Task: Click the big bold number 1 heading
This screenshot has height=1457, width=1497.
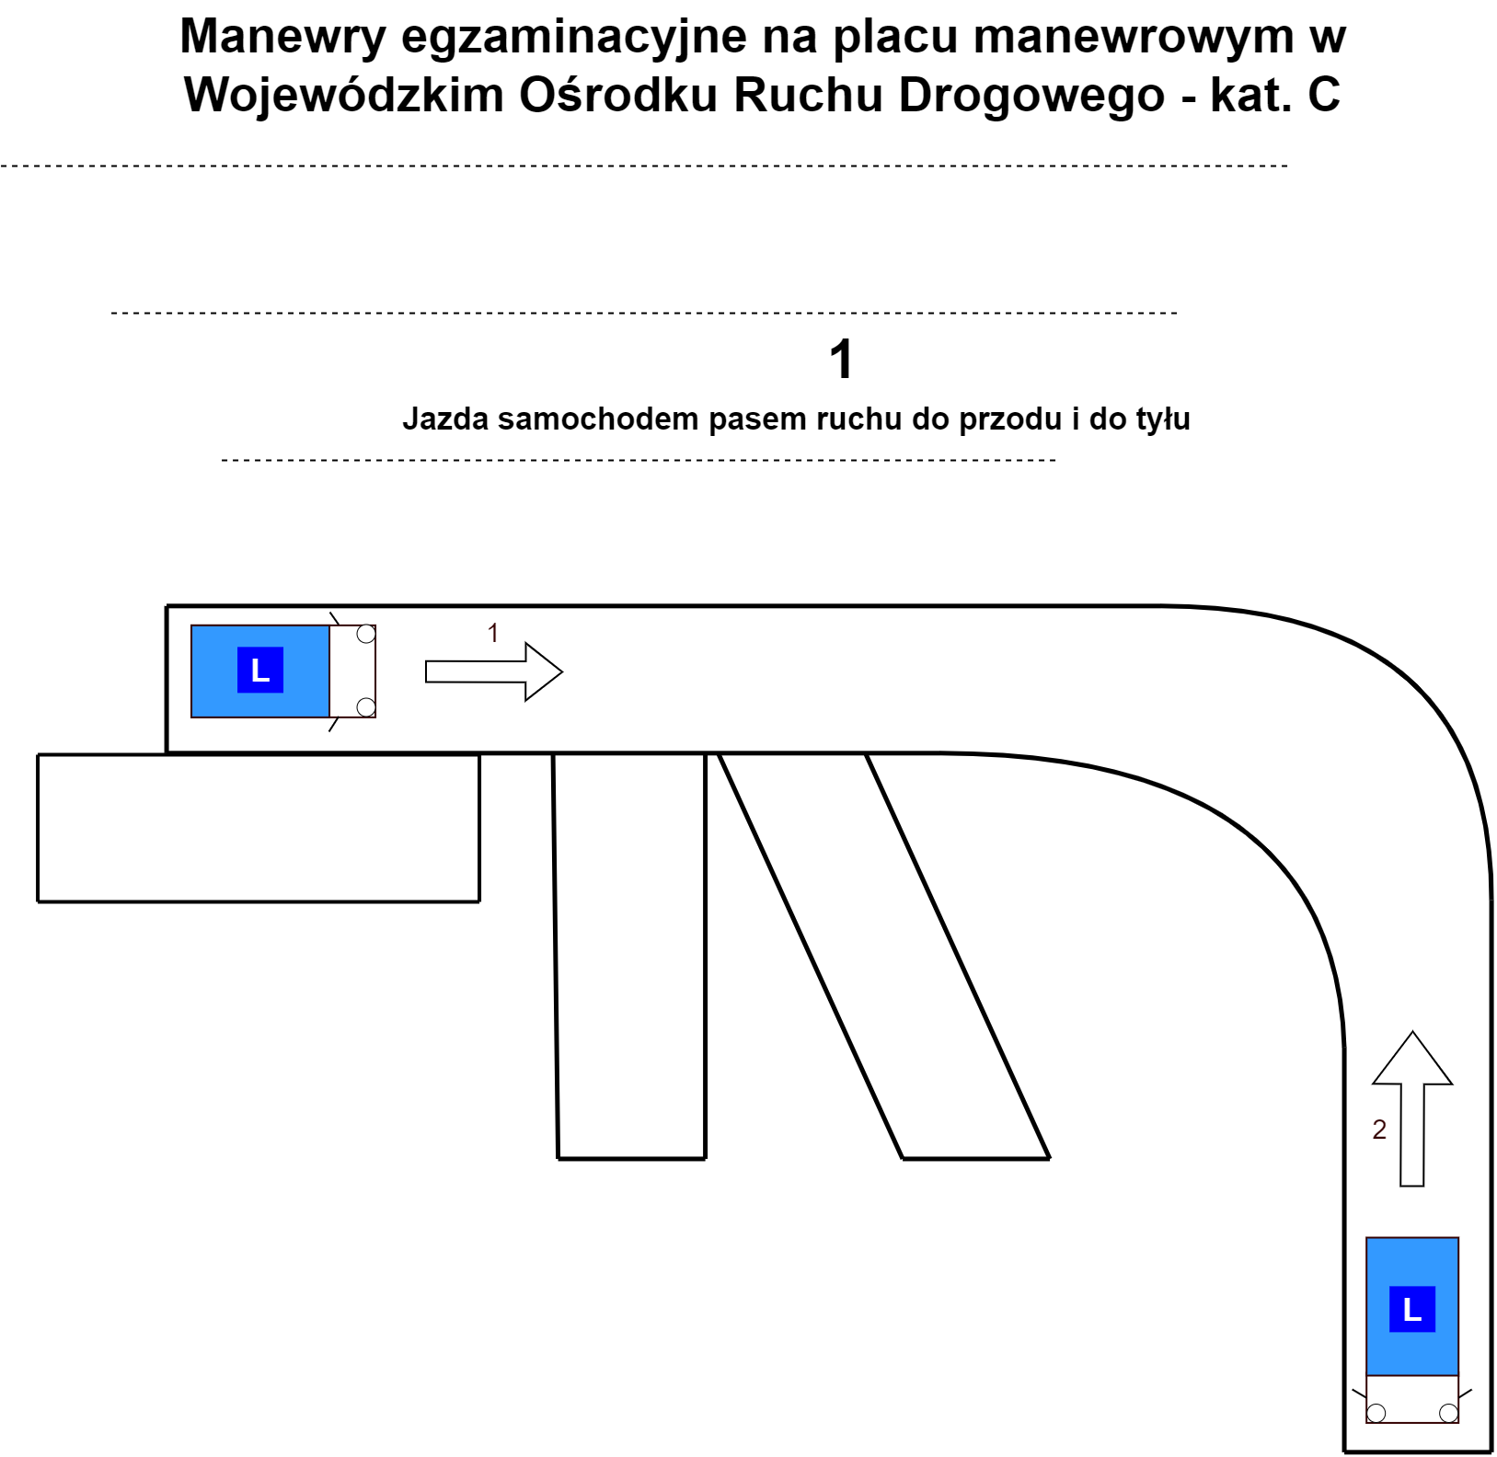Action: (841, 359)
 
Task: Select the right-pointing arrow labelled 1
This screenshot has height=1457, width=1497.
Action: (494, 672)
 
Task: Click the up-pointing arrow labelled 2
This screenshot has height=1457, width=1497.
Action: (1412, 1108)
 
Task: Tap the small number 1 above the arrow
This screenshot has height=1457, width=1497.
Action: (493, 633)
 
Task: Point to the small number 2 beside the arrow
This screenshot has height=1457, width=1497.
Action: (1379, 1130)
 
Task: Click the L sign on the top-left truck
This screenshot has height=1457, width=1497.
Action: (260, 670)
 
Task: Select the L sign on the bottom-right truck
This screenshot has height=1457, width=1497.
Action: (1412, 1308)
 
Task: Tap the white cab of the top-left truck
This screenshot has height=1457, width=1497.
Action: (352, 671)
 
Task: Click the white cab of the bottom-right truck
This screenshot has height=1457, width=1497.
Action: (1412, 1399)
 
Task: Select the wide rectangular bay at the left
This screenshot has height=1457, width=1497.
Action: (259, 828)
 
